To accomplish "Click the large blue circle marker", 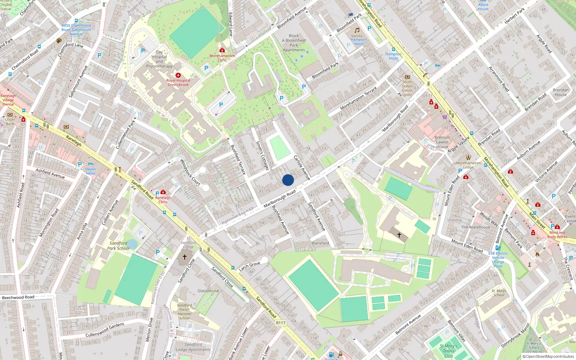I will coord(288,180).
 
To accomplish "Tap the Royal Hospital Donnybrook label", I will coord(178,82).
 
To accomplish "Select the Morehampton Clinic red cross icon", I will coord(222,50).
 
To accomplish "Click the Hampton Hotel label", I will coord(393,56).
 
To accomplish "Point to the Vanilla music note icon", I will coord(357,30).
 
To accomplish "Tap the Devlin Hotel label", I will coord(90,171).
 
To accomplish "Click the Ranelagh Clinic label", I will coord(163,199).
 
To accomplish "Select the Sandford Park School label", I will coord(118,246).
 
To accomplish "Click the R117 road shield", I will coord(281,323).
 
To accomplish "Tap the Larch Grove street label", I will coord(249,266).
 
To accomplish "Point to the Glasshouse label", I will coord(208,291).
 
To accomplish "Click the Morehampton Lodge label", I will coord(468,165).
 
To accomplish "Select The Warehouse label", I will coord(476,227).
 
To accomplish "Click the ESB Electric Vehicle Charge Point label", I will coord(498,260).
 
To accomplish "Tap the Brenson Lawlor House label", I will coord(442,142).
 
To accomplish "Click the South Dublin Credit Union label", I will coord(407,88).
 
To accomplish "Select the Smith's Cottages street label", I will coord(262,156).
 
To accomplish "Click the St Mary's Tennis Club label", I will coord(449,351).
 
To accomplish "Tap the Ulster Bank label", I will coord(10,121).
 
